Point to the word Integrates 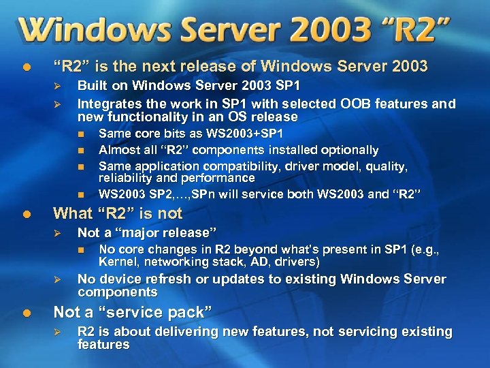click(108, 104)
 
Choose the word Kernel click(116, 262)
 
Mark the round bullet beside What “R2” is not click(26, 214)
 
